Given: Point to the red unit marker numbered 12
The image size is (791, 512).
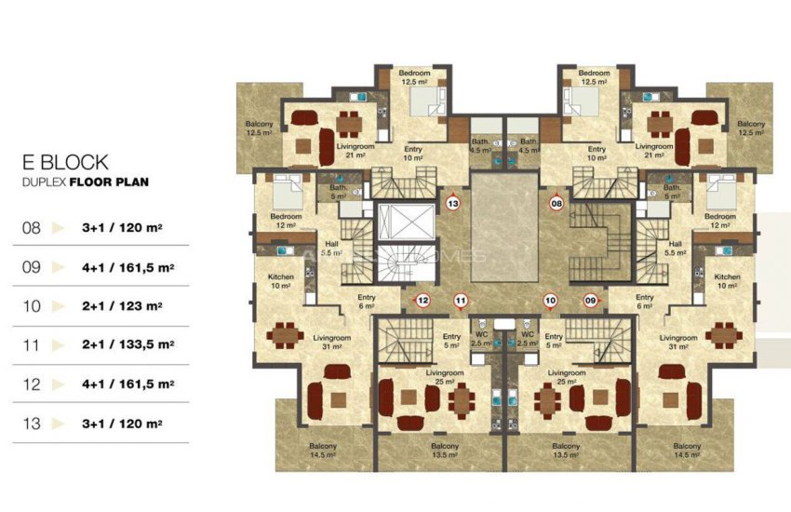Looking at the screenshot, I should [422, 300].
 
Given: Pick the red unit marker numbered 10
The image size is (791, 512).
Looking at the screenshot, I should [551, 300].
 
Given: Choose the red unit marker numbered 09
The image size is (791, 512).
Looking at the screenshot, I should [589, 300].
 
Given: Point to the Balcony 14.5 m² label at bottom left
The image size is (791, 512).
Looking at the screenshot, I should [325, 451].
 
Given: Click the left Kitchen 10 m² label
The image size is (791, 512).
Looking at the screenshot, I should [280, 281].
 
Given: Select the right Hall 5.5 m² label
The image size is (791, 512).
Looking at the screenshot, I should [677, 247].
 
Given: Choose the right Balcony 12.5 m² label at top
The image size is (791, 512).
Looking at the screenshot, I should [751, 128].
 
